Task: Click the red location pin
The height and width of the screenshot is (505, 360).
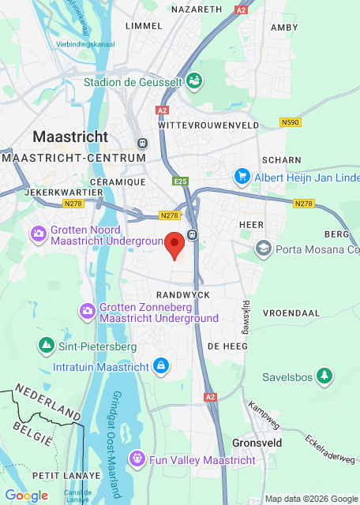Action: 175,243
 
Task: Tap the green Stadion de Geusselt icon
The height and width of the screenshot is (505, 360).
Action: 194,80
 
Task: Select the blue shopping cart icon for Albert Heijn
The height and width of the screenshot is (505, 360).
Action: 242,178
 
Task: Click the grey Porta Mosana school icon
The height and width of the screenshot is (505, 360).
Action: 263,249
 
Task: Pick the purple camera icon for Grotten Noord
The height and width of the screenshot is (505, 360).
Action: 38,234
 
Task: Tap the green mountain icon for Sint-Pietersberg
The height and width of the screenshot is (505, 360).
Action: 47,346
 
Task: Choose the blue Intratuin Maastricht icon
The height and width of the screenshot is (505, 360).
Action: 160,366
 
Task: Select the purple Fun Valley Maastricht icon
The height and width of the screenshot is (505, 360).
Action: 137,458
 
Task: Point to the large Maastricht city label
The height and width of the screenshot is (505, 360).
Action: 70,137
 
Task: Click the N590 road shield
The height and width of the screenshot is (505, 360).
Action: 291,122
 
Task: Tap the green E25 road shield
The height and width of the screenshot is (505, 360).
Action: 181,181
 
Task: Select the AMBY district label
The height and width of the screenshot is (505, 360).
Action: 283,27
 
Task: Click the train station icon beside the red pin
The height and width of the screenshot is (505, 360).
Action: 193,234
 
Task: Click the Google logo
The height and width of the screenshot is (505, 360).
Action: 26,495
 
